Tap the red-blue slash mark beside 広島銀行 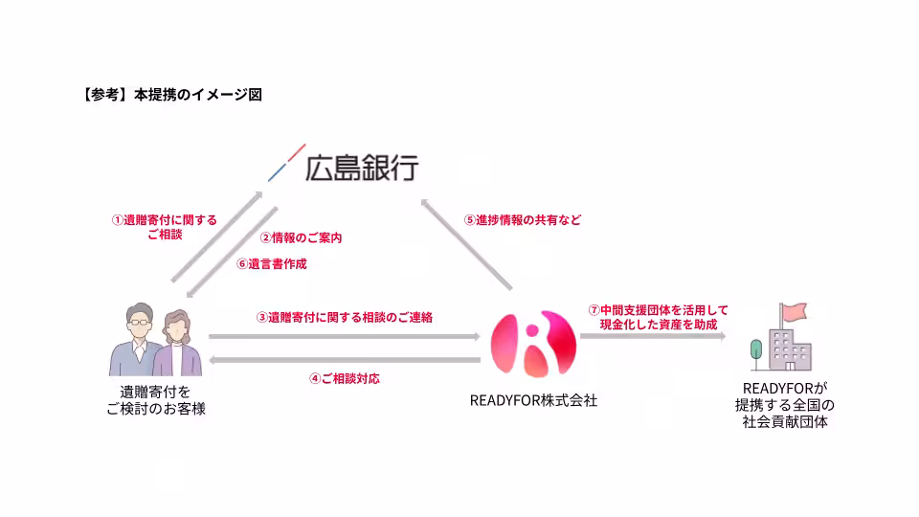click(286, 163)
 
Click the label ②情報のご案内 click(302, 237)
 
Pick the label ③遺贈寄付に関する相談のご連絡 click(344, 317)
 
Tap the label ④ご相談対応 click(345, 378)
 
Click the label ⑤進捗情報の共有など click(523, 219)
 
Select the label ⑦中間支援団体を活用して click(658, 310)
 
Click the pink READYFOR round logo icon click(532, 344)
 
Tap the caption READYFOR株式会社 click(532, 400)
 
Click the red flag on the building click(794, 312)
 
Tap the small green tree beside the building click(757, 349)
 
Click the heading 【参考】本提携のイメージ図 click(166, 95)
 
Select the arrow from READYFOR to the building click(651, 337)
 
